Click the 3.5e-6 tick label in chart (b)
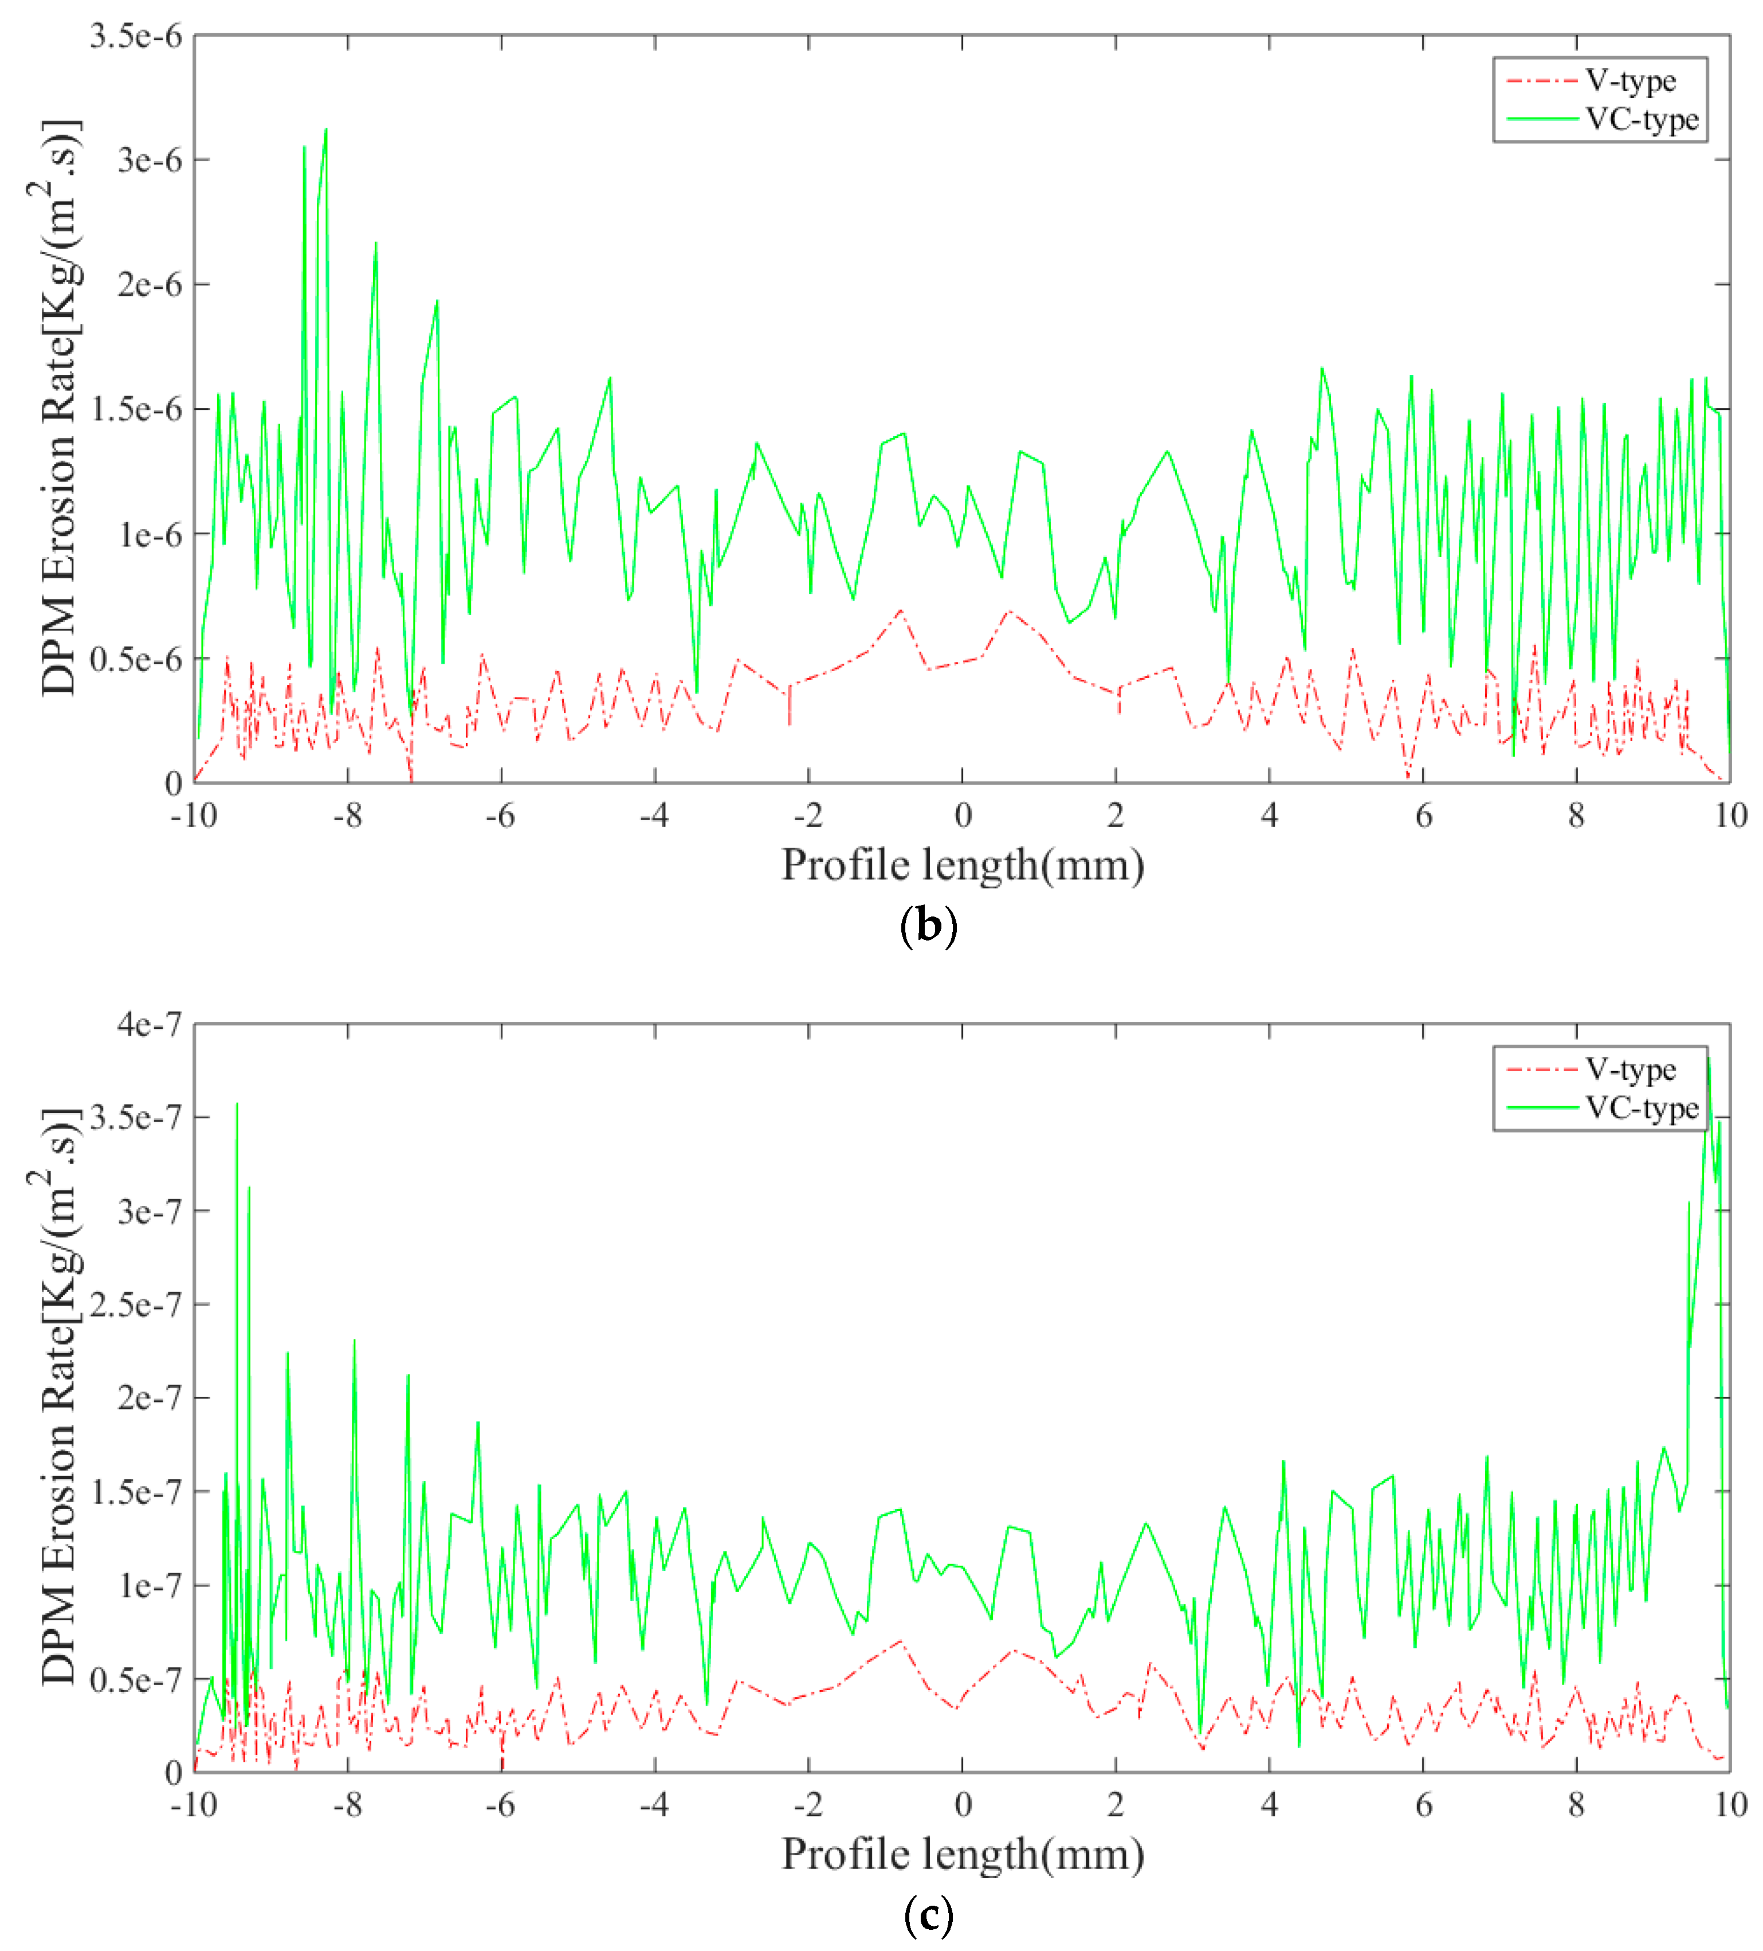[135, 37]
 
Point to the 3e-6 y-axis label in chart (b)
[148, 160]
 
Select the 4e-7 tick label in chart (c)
[148, 1024]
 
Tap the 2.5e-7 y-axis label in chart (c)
[135, 1304]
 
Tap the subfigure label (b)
[928, 926]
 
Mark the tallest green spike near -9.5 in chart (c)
[237, 1104]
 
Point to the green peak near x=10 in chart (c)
[1708, 1057]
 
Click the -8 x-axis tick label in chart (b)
[347, 816]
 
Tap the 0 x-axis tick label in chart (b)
[962, 816]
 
